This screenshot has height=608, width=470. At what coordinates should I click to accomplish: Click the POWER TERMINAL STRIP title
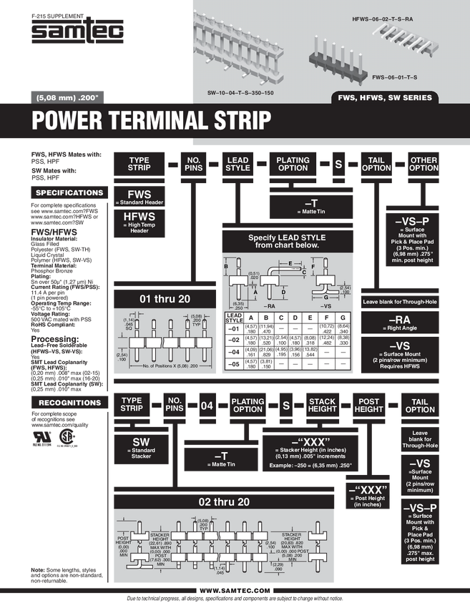click(x=151, y=120)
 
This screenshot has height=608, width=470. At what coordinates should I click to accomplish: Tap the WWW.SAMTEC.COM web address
click(x=235, y=590)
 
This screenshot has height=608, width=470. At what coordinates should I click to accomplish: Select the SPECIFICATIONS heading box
click(x=69, y=193)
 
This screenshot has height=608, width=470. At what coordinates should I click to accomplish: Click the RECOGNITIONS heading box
click(x=69, y=403)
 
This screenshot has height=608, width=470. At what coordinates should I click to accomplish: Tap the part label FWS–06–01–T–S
click(x=395, y=76)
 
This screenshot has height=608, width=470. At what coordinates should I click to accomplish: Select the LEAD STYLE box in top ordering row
click(x=238, y=165)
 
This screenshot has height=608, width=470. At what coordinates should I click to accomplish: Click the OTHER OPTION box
click(x=424, y=165)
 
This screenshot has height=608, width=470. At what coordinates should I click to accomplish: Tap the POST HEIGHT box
click(x=369, y=406)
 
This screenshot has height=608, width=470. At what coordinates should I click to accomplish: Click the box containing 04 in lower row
click(x=207, y=406)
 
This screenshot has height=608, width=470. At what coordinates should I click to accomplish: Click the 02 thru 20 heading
click(x=224, y=502)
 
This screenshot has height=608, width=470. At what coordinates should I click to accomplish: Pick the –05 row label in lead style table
click(x=233, y=363)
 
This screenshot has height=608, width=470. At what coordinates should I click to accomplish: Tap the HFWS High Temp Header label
click(x=139, y=222)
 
